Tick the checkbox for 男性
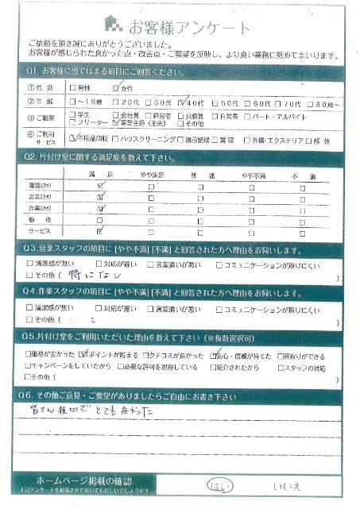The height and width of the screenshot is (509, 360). (x=74, y=88)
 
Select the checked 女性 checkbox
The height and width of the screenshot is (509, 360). (x=117, y=87)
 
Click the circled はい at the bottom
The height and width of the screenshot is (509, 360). (x=217, y=484)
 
